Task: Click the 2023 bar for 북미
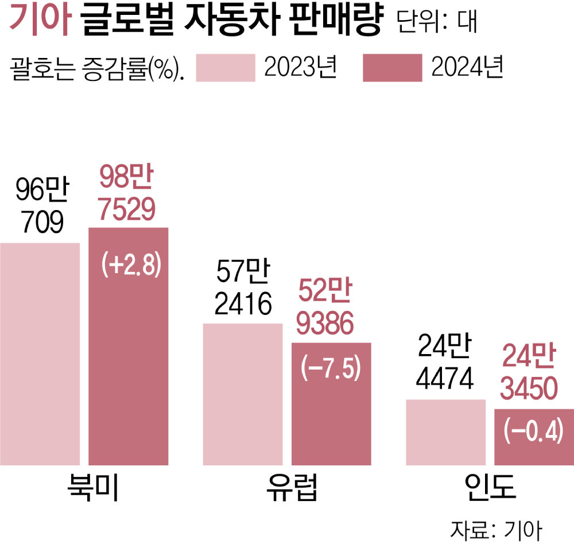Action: coord(40,353)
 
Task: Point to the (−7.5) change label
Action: coord(331,368)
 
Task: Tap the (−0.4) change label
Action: coord(534,431)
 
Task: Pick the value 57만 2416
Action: coord(243,290)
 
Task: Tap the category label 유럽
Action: coord(291,488)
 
